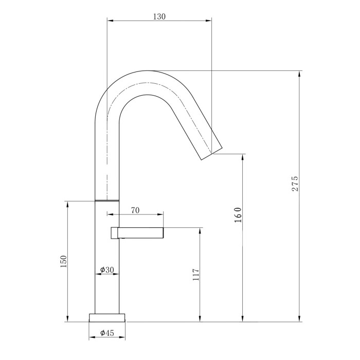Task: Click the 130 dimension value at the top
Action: [x=159, y=16]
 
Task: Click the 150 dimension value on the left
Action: [x=64, y=261]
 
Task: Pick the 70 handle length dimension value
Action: [x=136, y=210]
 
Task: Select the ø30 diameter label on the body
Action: [x=107, y=270]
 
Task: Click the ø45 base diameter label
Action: [x=107, y=333]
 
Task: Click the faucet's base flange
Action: [x=107, y=317]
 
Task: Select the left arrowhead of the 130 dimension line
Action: [x=110, y=21]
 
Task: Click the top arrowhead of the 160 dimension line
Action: [x=242, y=156]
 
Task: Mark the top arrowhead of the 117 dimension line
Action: [x=201, y=230]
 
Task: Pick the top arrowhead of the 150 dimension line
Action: [x=67, y=203]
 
